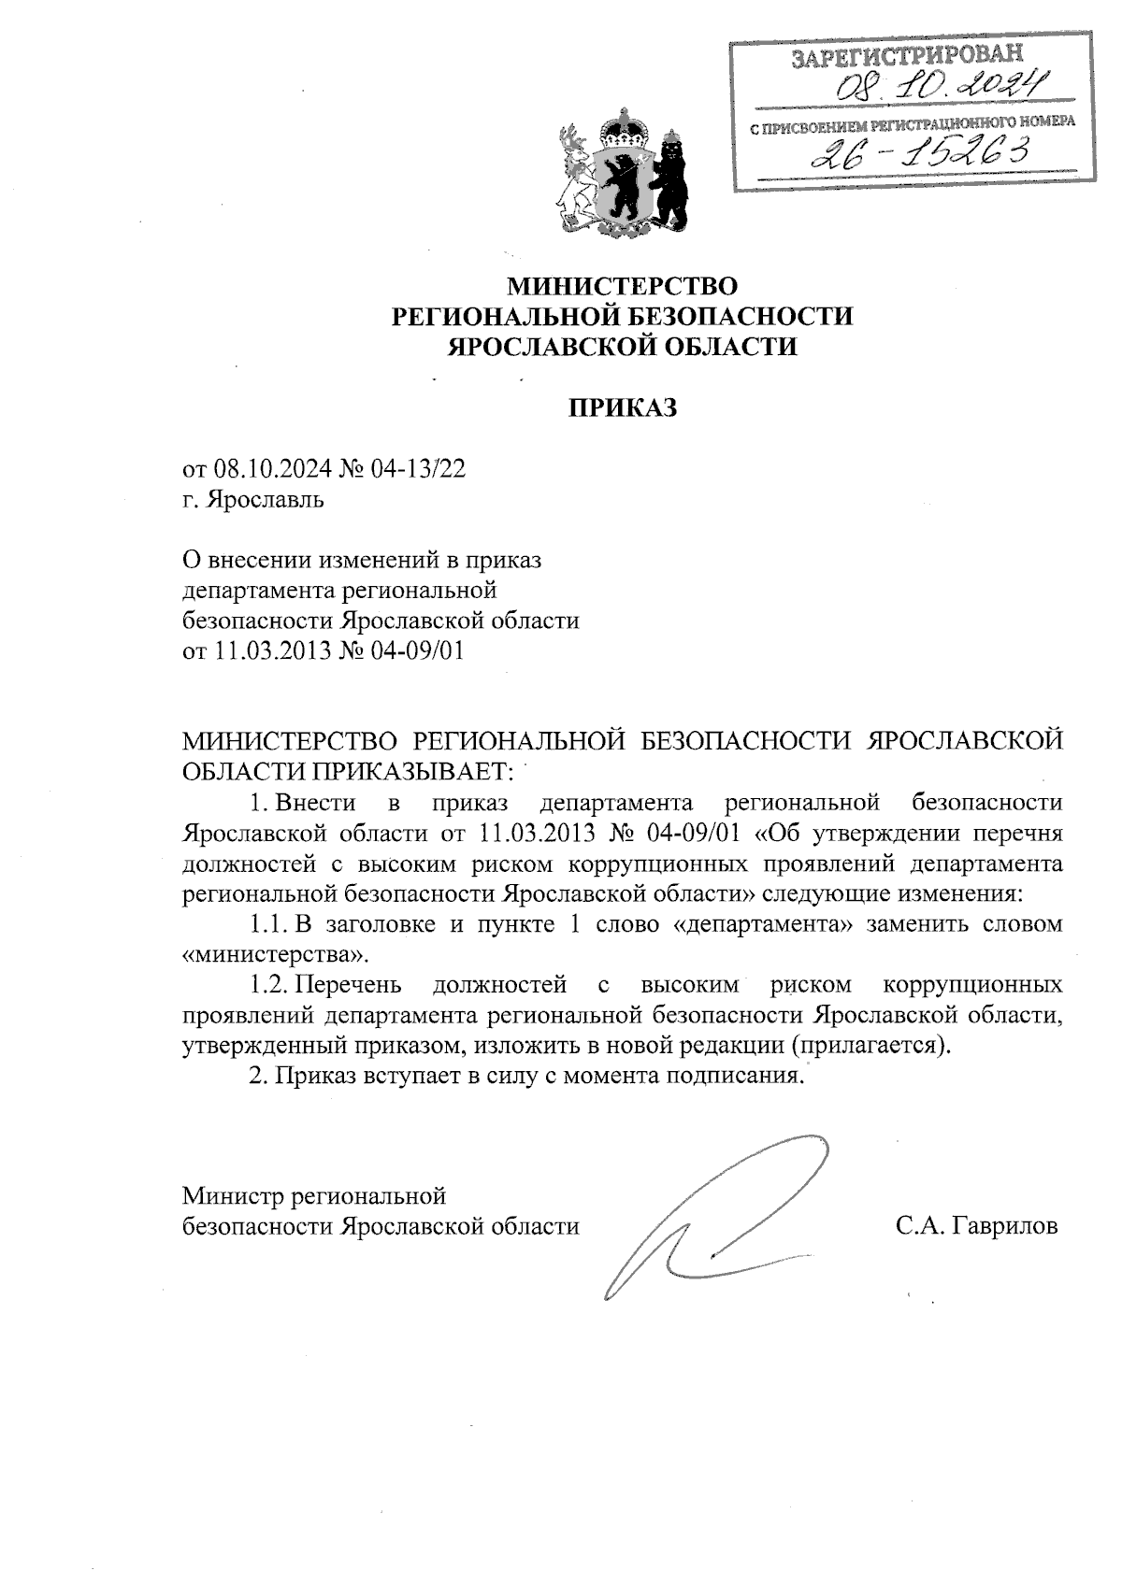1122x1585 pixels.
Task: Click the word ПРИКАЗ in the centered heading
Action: point(623,408)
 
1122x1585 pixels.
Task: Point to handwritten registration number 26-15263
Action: point(920,150)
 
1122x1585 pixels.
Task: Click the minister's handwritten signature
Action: point(711,1215)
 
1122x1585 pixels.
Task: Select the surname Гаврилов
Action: point(1005,1226)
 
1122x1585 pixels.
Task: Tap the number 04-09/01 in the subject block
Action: point(418,650)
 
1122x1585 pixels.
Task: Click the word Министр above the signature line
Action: point(234,1195)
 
